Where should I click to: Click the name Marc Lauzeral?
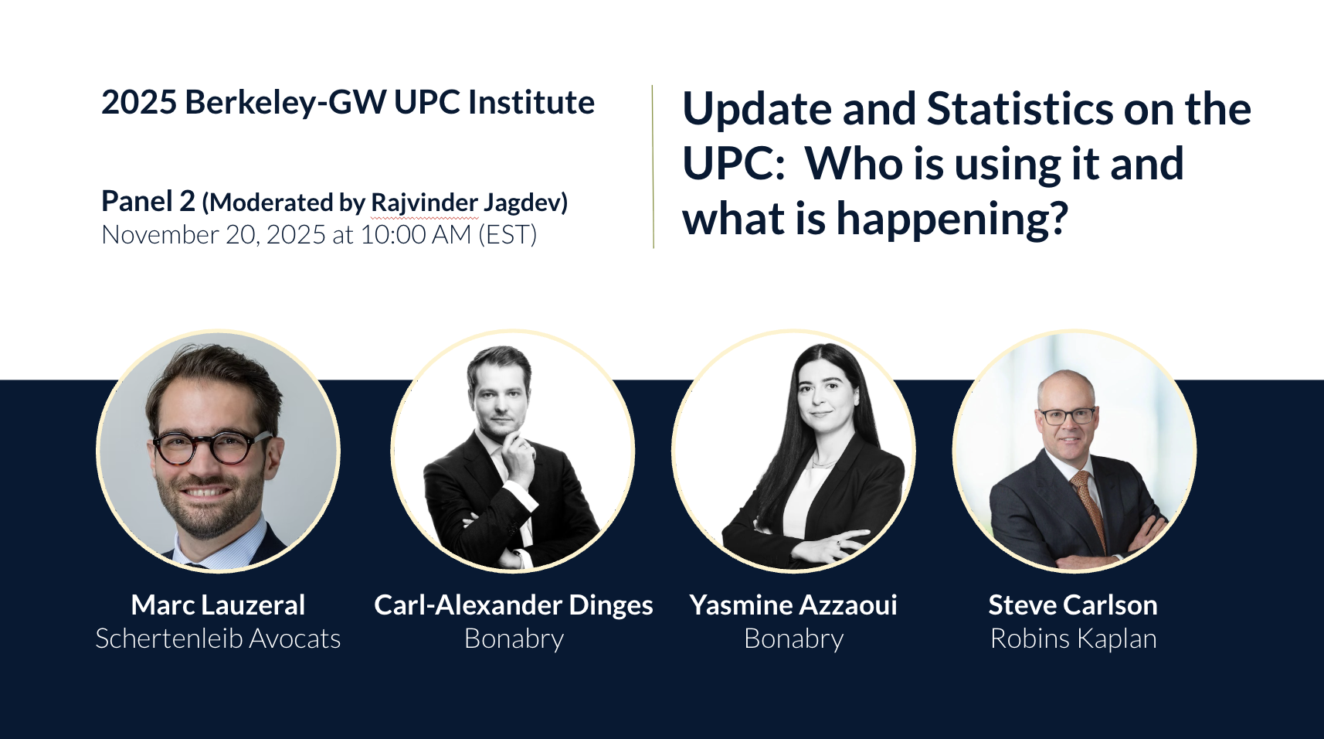point(218,604)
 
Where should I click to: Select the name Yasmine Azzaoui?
point(793,604)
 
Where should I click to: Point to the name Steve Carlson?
point(1073,604)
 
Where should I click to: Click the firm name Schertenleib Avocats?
point(218,639)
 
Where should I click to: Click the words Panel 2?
point(148,201)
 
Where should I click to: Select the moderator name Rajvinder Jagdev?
point(465,203)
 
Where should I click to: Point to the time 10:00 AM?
point(416,235)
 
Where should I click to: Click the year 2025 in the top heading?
point(139,102)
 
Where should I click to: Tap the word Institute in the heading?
point(531,102)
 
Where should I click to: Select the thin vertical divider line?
point(654,166)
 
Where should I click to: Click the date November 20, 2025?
point(213,235)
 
